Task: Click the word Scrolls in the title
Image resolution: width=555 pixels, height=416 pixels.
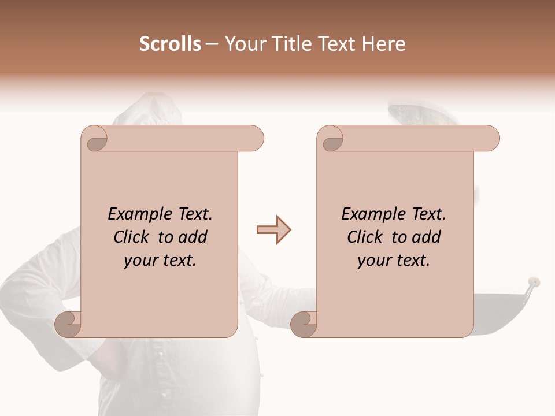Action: (x=170, y=44)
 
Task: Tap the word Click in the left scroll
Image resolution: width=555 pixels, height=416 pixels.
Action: (x=133, y=237)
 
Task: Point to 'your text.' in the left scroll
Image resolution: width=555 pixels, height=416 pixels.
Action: (x=160, y=261)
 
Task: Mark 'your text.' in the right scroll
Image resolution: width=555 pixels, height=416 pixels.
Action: (x=393, y=261)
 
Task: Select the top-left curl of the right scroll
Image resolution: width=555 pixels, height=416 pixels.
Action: (x=331, y=139)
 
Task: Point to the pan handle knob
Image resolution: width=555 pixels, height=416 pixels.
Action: (x=534, y=283)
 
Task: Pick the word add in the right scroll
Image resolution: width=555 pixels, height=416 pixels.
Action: (x=427, y=237)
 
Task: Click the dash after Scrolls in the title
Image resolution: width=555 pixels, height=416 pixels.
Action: (x=212, y=44)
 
